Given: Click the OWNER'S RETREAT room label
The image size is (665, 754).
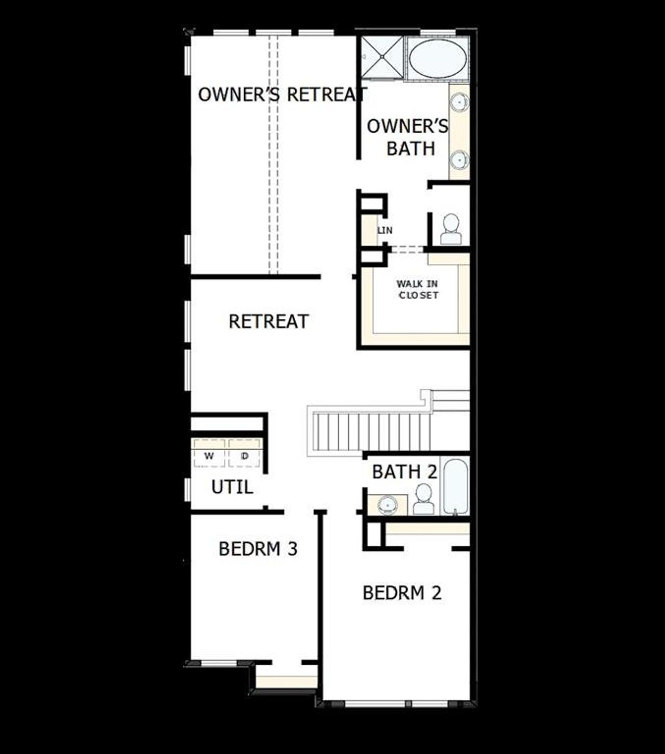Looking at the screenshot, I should (x=282, y=95).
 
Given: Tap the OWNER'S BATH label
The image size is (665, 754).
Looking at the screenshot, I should (x=408, y=137).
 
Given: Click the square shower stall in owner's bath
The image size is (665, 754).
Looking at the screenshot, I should (x=382, y=57).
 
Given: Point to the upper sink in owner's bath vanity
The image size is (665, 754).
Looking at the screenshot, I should (x=460, y=103).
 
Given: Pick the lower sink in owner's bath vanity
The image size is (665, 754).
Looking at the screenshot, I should (x=460, y=160).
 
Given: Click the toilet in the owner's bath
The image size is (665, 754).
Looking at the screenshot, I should (x=450, y=230).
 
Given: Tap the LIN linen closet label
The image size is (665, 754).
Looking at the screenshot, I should (x=385, y=230).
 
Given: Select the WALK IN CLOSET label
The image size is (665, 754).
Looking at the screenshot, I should (x=418, y=289).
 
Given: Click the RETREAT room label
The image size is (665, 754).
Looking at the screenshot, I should (x=269, y=321).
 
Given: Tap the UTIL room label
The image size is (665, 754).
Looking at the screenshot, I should (x=232, y=487).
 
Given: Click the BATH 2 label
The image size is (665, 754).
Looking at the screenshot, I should (x=404, y=472).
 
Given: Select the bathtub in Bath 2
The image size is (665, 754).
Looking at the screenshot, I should (x=455, y=486).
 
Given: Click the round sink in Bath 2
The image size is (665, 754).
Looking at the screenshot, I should (x=388, y=504).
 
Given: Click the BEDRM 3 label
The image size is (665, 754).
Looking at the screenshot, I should (x=258, y=549).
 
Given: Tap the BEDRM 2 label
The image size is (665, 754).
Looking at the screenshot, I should (x=402, y=593).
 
